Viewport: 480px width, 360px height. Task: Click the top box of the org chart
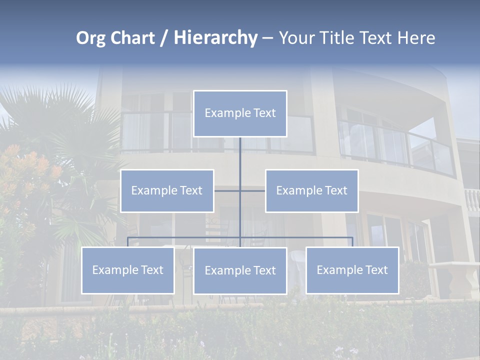coord(240,113)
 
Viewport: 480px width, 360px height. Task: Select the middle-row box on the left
coord(167,190)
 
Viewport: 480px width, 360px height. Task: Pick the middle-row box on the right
coord(311,190)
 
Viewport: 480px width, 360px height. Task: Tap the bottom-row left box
coord(127,270)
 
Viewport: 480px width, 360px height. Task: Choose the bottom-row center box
coord(240,270)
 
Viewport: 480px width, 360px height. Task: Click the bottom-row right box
coord(352,270)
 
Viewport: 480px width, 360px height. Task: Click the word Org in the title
coord(90,38)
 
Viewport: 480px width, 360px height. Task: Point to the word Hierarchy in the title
coord(215,38)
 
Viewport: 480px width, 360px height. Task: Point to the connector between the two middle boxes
coord(227,190)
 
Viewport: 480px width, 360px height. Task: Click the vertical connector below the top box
coord(240,152)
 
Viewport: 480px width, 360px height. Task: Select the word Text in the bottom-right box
coord(376,270)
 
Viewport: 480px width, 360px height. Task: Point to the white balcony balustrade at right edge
coord(471,200)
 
